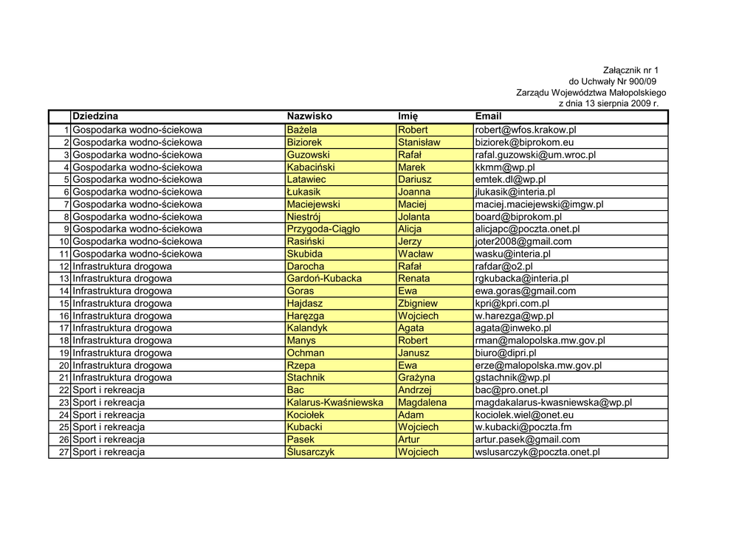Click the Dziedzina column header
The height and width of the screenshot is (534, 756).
[95, 117]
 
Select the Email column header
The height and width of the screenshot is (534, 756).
[488, 117]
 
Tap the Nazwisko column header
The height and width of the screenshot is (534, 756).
[309, 117]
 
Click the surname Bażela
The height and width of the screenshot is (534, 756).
[301, 130]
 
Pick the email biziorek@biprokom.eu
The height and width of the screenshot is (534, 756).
[524, 142]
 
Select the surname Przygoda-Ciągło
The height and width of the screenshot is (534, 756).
[323, 229]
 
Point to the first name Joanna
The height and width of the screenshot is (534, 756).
[414, 192]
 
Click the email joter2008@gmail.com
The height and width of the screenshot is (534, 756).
[523, 241]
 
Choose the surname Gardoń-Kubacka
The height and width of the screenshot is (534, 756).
[324, 279]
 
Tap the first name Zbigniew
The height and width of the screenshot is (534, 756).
[418, 303]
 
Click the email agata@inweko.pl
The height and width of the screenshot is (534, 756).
[513, 328]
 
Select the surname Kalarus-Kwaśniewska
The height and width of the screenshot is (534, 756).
[335, 403]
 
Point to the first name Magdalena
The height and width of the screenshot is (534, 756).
[422, 403]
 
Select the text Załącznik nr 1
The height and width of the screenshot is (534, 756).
[630, 70]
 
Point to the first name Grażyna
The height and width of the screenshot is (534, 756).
[416, 378]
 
